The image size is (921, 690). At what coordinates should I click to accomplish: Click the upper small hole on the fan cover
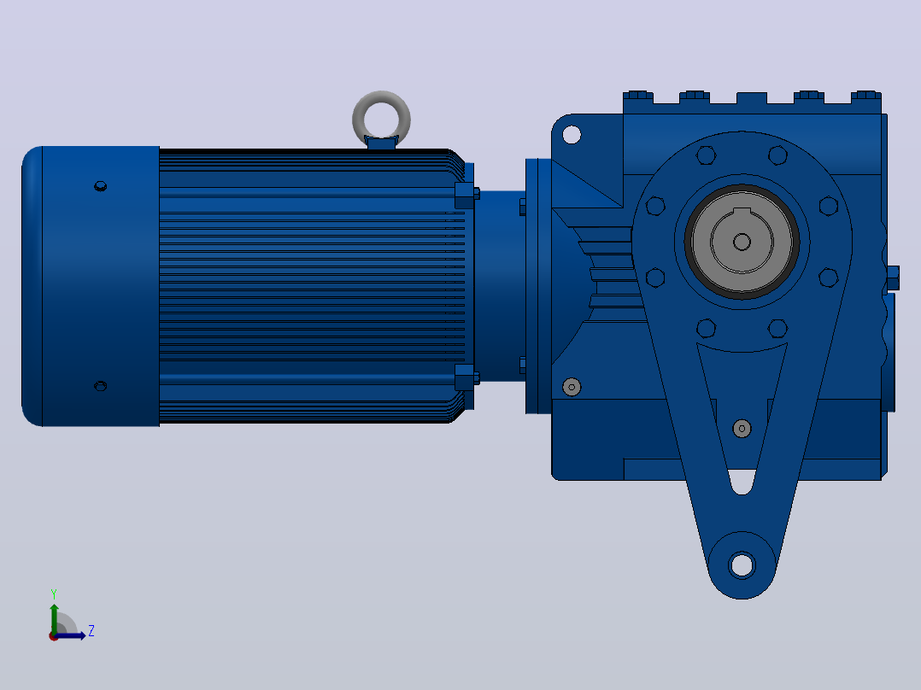tap(101, 186)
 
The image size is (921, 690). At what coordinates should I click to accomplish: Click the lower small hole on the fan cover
tap(101, 386)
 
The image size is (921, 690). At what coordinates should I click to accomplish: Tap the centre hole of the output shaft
tap(742, 242)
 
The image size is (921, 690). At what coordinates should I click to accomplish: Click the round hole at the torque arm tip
tap(742, 565)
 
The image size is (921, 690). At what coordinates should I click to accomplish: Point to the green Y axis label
tap(54, 594)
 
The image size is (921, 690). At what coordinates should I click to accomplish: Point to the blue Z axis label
tap(91, 631)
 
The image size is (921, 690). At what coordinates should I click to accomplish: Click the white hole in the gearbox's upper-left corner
tap(572, 134)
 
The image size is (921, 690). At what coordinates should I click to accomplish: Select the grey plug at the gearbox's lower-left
tap(572, 387)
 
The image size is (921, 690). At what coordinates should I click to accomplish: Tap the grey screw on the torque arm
tap(742, 429)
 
